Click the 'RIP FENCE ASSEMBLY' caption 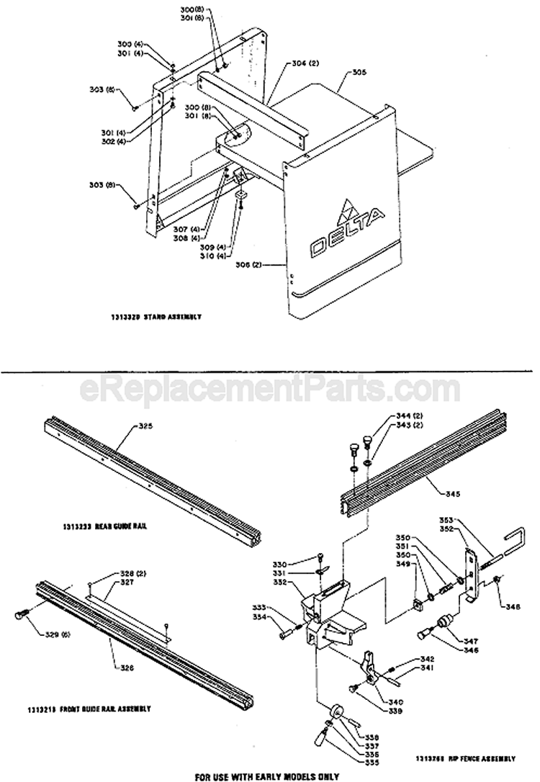click(x=466, y=739)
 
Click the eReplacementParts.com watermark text click(x=269, y=389)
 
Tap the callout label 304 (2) click(x=305, y=64)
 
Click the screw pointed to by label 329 click(x=21, y=614)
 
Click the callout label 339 click(x=395, y=711)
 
